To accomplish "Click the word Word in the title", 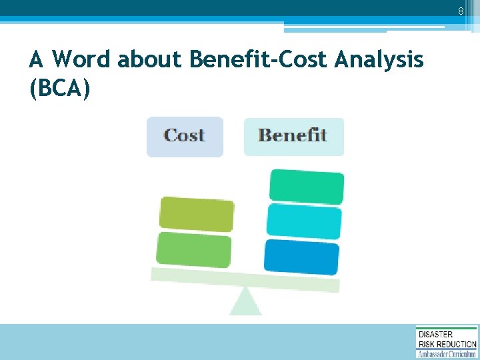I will click(x=81, y=60).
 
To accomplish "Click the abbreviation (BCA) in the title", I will click(x=59, y=89).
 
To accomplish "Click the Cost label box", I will click(x=185, y=136).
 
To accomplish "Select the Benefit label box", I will click(x=293, y=136).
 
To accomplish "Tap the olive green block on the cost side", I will click(x=197, y=215).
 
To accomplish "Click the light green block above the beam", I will click(x=194, y=249).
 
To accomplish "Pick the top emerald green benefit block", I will click(x=307, y=187).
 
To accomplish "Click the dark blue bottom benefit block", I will click(x=301, y=256).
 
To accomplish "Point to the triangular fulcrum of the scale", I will click(x=245, y=301).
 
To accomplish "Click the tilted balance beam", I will click(x=245, y=279).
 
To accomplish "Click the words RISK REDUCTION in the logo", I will click(x=447, y=343).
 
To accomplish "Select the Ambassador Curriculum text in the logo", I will click(x=447, y=353).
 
